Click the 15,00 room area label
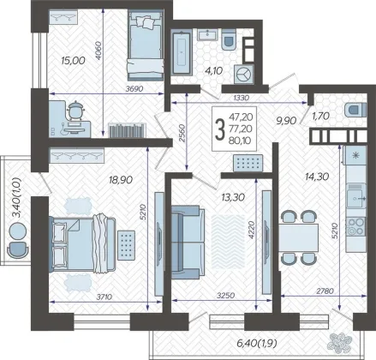pos(73,60)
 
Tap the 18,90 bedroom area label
pos(121,180)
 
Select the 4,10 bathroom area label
pos(212,70)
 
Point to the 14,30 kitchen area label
pos(317,177)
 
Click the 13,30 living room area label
pos(233,197)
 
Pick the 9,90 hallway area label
pos(286,121)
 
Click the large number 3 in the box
pos(219,130)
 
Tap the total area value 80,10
pos(241,141)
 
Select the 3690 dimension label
pos(134,89)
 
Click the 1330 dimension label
pos(242,98)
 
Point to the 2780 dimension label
pos(325,291)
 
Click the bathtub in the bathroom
pos(182,52)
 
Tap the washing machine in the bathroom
pos(243,75)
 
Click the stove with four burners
pos(355,226)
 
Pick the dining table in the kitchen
pos(299,237)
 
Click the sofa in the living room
pos(188,242)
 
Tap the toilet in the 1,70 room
pos(355,110)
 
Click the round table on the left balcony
pos(18,231)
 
